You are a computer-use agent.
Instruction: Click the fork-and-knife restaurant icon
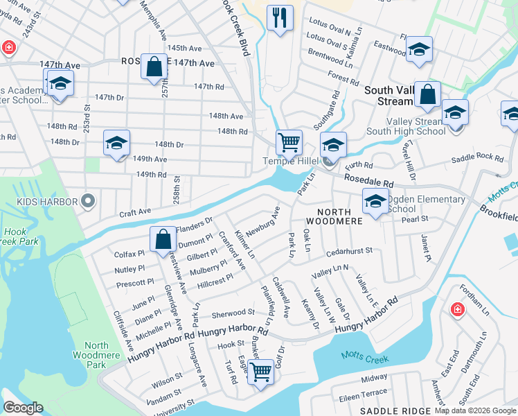click(280, 18)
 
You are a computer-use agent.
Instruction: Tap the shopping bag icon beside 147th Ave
click(154, 67)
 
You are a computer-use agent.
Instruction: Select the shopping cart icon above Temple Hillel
click(289, 142)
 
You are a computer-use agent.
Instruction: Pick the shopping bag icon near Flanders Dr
click(162, 239)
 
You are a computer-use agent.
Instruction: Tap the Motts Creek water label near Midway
click(364, 359)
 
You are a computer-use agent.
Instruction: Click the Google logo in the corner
click(23, 408)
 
